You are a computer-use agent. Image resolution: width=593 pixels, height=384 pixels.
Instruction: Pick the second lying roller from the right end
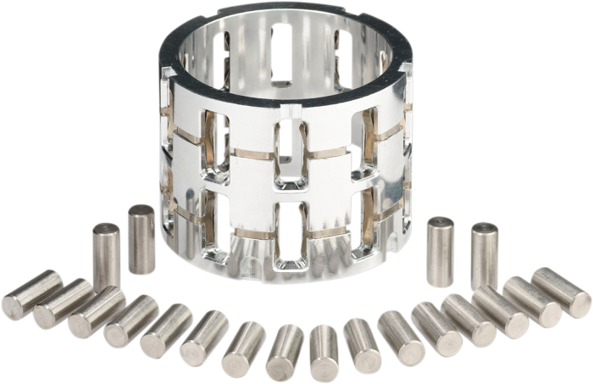[x=531, y=301]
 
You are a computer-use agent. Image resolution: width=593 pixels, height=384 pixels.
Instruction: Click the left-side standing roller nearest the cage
[x=141, y=239]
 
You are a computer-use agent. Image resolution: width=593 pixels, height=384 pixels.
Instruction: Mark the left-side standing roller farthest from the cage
[x=106, y=255]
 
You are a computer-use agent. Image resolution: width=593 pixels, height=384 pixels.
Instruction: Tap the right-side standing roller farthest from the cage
[x=485, y=254]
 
